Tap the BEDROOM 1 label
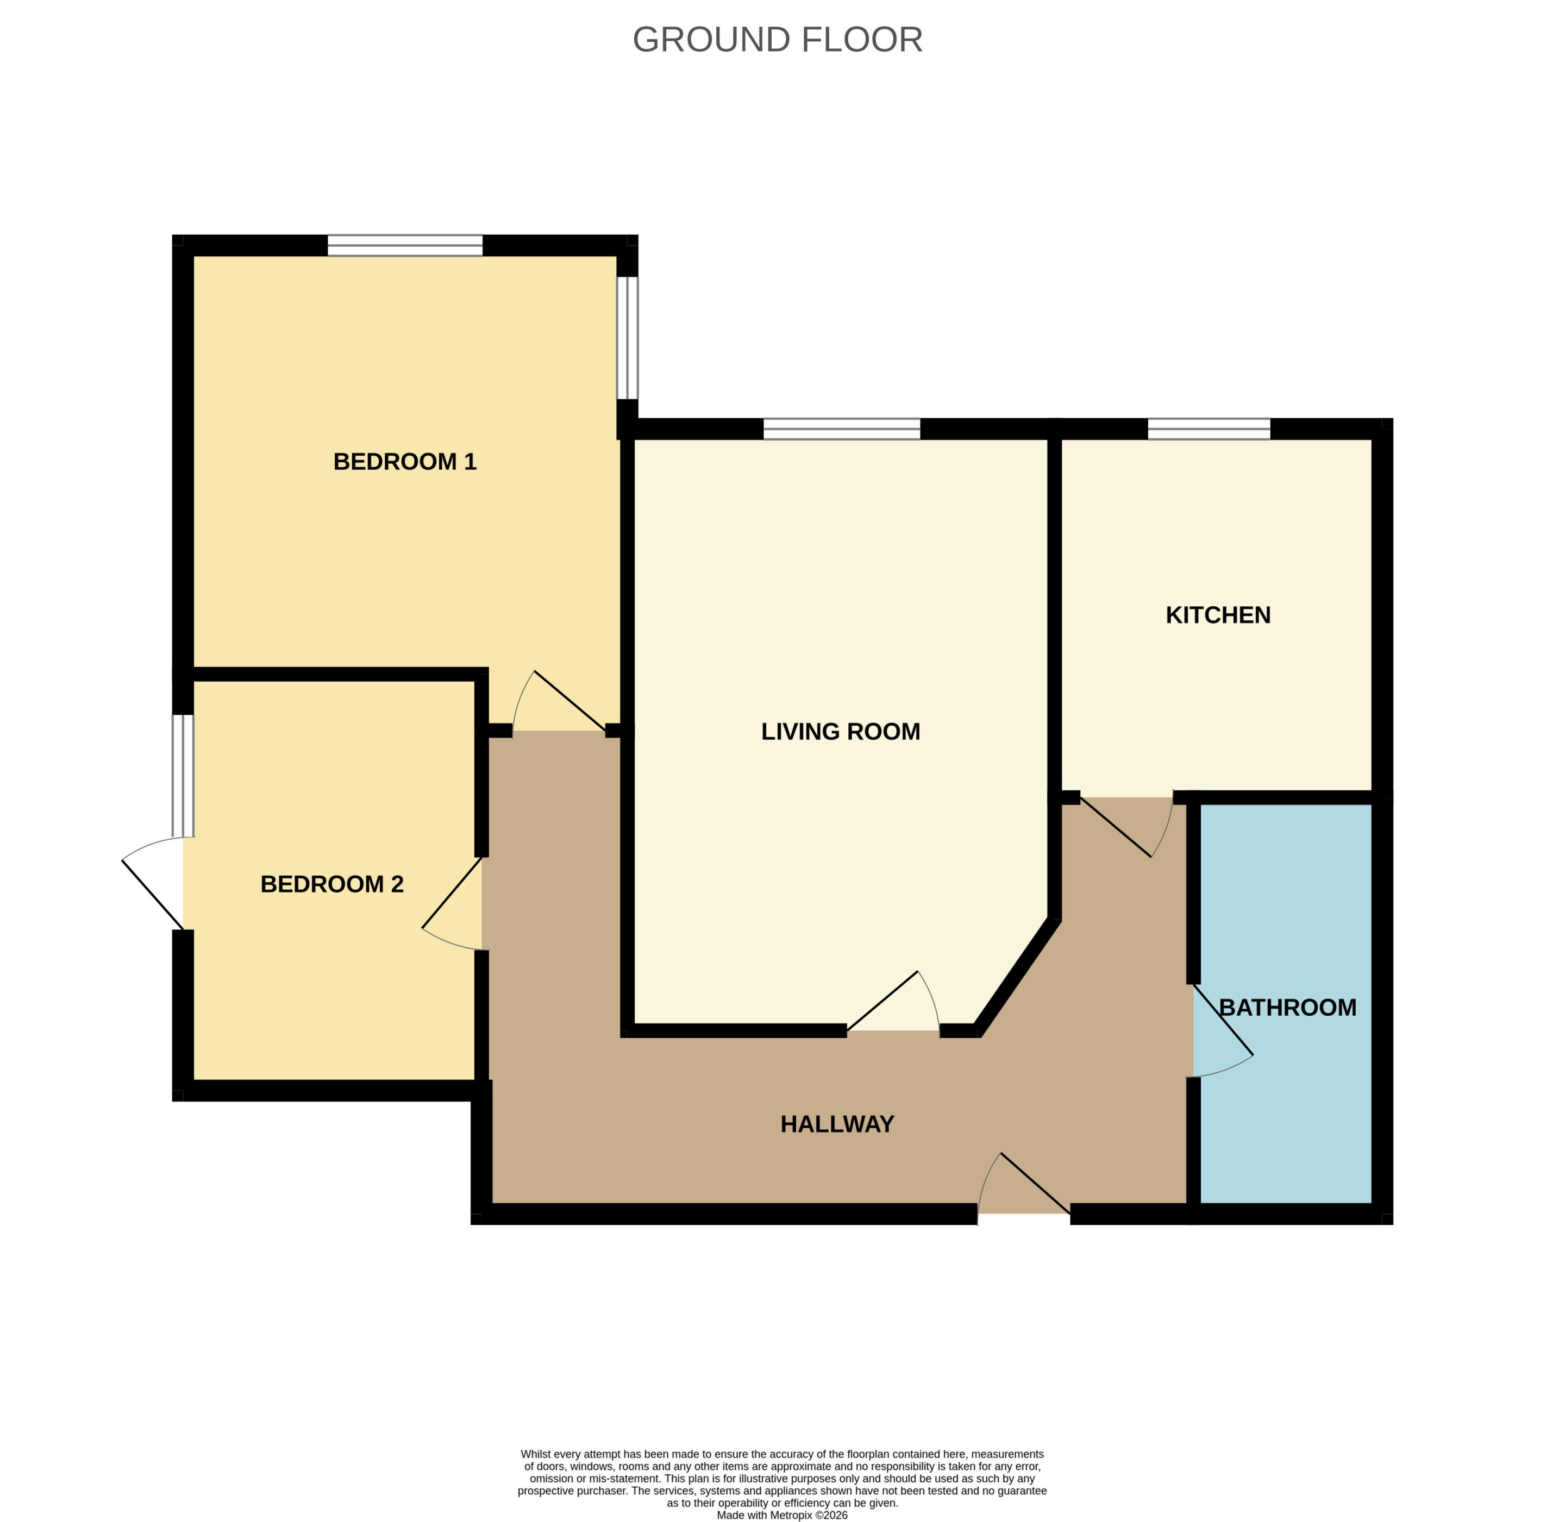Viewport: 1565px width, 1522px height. tap(405, 462)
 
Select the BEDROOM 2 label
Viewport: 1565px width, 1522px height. tap(332, 884)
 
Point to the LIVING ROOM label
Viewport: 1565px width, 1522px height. tap(841, 732)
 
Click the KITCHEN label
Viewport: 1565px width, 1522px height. tap(1218, 615)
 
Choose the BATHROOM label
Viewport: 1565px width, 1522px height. tap(1287, 1007)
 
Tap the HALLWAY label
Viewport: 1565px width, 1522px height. tap(837, 1125)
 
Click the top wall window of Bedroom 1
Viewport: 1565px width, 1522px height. tap(405, 246)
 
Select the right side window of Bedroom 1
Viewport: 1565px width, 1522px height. tap(627, 338)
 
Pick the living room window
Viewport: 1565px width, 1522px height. tap(842, 429)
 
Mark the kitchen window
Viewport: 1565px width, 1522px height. tap(1209, 429)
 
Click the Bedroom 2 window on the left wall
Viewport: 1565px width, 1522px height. tap(183, 775)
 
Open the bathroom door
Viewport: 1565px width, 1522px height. tap(1223, 1031)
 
